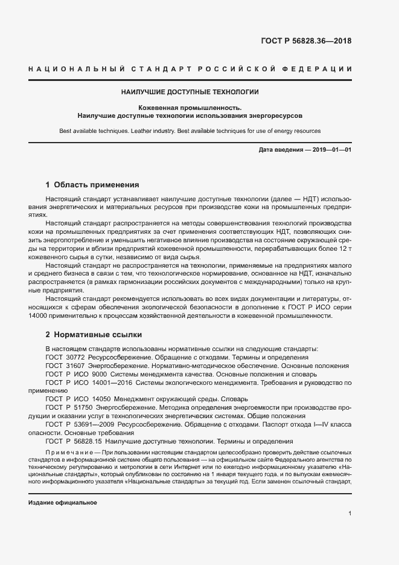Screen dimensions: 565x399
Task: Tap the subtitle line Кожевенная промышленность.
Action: click(x=190, y=107)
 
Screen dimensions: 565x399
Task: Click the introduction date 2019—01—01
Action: click(x=330, y=149)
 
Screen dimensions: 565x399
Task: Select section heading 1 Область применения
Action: click(x=92, y=185)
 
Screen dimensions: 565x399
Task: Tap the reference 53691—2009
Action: click(x=87, y=424)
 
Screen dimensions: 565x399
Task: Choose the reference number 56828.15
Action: click(x=81, y=441)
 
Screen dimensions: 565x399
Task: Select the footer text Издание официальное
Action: click(x=63, y=503)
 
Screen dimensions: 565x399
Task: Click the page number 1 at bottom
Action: click(x=350, y=514)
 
